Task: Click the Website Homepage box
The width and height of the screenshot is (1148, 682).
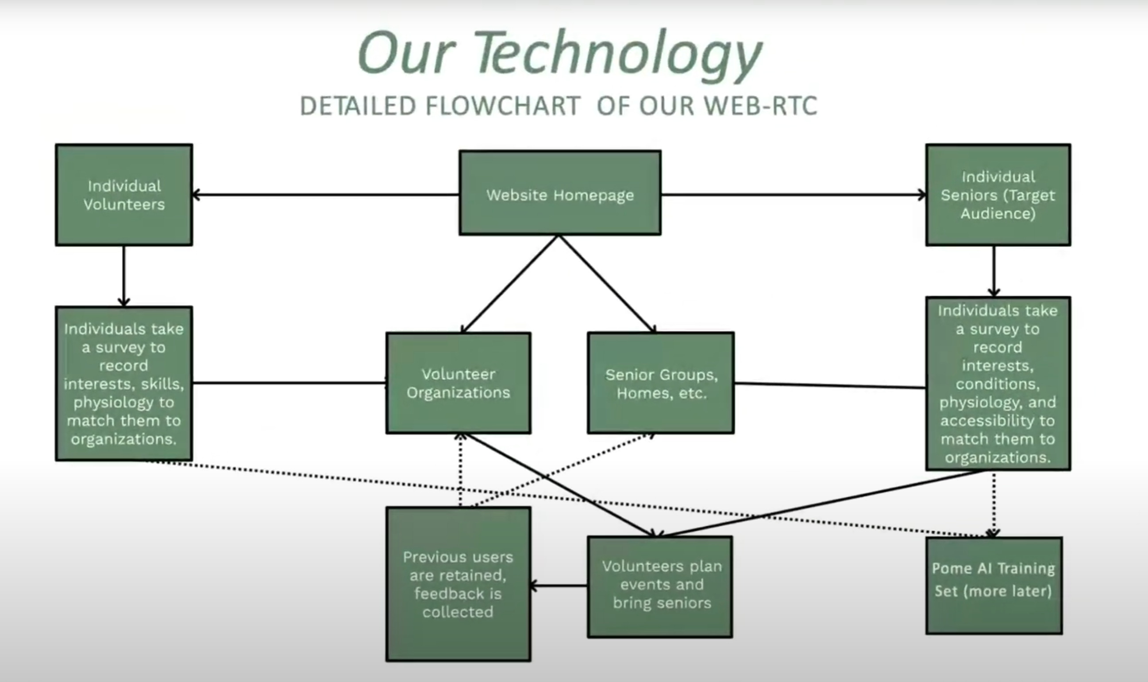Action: pos(560,193)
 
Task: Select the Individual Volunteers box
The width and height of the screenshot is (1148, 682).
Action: pos(124,195)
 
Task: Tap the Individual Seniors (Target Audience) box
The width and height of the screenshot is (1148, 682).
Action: pos(998,195)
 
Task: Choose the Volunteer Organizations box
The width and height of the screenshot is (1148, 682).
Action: pos(459,383)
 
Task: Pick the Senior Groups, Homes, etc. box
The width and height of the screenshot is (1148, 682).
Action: pos(661,383)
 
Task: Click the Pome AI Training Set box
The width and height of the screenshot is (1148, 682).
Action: pos(994,585)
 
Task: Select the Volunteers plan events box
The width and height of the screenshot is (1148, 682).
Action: pos(660,587)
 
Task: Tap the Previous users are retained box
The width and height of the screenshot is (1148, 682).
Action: pos(459,584)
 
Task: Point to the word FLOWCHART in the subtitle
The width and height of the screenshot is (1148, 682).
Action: pos(503,106)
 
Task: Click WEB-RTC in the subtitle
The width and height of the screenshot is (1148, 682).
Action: pos(761,106)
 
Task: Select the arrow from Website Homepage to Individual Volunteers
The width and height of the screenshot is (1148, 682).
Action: pos(326,195)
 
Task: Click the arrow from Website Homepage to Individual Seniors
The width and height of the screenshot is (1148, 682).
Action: pos(794,195)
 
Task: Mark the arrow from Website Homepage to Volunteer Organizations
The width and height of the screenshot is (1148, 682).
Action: pos(509,284)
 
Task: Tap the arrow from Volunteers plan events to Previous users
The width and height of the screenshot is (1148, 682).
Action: pos(559,586)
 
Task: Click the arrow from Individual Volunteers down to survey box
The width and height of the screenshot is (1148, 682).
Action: pos(123,276)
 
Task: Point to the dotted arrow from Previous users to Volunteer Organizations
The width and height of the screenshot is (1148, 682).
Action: pos(460,470)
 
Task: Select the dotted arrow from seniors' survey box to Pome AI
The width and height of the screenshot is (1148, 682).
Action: pos(993,504)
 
